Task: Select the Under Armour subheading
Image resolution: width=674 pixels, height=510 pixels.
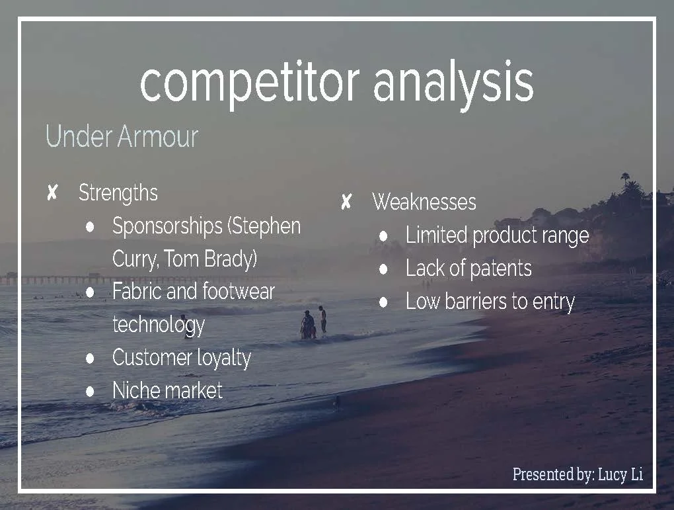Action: point(122,137)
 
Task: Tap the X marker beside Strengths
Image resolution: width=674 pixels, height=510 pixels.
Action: point(52,193)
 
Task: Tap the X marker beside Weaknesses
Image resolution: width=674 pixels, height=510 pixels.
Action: point(346,202)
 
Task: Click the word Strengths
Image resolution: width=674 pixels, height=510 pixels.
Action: point(118,193)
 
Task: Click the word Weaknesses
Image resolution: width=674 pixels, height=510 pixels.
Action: point(424,202)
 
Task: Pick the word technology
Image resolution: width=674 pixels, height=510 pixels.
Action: point(159,324)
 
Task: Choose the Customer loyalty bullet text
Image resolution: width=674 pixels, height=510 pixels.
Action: point(182,358)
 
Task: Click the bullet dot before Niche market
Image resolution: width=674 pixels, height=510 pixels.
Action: point(91,391)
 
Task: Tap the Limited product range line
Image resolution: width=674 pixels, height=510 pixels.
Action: point(497,235)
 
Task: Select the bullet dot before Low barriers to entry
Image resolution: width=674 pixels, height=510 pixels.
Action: point(384,302)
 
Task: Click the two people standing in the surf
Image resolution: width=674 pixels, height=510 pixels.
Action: point(313,323)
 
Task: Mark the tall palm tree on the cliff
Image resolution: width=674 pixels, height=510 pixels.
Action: point(625,182)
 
